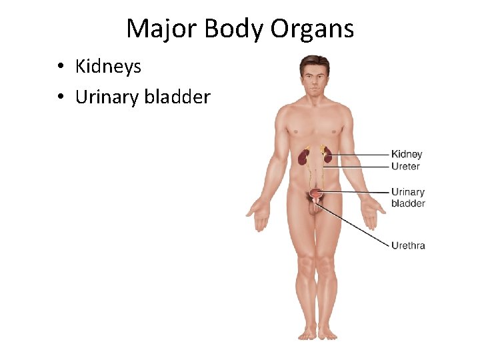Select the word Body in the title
coord(229,29)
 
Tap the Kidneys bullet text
coord(108,66)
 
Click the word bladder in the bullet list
coord(177,97)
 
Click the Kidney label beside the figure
coord(407,155)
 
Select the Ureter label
coord(405,166)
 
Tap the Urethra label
coord(408,245)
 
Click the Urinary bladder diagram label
coord(408,198)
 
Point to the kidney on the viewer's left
coord(303,157)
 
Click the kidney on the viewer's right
coord(327,156)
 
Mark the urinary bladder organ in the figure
coord(316,195)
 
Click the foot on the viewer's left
coord(306,331)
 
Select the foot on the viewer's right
coord(327,331)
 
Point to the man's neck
coord(315,100)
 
